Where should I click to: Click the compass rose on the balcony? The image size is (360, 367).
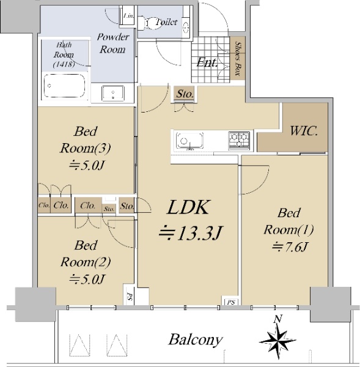(x=277, y=341)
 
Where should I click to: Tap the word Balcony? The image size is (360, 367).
(x=196, y=340)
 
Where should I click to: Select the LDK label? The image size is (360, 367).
(x=188, y=207)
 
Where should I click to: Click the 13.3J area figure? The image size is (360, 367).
(x=191, y=233)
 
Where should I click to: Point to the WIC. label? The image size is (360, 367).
(x=304, y=131)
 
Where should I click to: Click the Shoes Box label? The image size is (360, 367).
(x=238, y=59)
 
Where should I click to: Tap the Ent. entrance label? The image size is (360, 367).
(x=207, y=63)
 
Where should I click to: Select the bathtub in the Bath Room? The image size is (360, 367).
(x=64, y=86)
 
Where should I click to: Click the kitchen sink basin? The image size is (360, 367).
(x=189, y=141)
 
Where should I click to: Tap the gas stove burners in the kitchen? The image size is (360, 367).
(x=239, y=140)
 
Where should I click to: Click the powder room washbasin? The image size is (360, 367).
(x=112, y=94)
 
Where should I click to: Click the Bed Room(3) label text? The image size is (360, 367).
(x=85, y=139)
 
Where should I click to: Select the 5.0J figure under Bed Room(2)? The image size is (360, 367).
(x=87, y=280)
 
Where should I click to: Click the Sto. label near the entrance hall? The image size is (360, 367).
(x=185, y=94)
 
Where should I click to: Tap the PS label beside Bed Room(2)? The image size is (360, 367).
(x=129, y=295)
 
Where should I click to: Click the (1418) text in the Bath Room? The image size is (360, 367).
(x=64, y=64)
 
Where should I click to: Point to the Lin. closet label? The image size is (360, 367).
(x=128, y=16)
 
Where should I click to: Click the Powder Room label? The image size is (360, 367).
(x=112, y=43)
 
